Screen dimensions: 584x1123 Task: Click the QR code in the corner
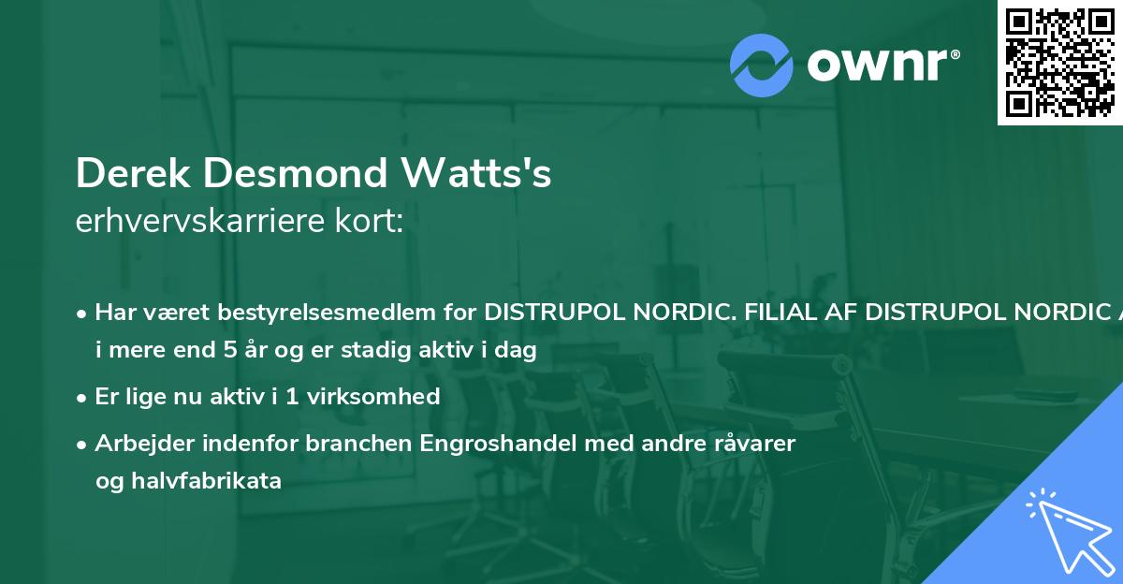pos(1060,63)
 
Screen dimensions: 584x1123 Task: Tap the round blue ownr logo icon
pos(762,65)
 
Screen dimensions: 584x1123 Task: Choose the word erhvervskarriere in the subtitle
pos(202,222)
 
